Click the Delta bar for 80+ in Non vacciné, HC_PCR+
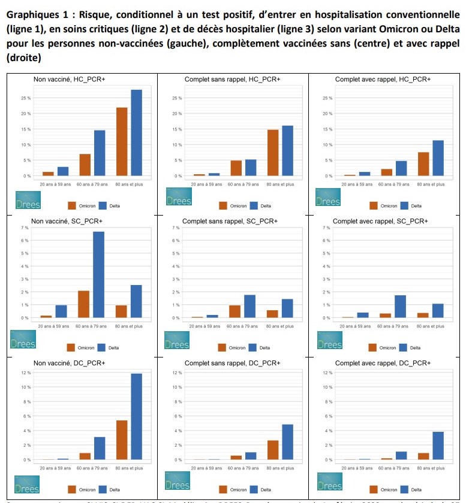(x=137, y=133)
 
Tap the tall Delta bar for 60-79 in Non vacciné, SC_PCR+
(x=99, y=274)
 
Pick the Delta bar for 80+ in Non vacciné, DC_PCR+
(x=137, y=417)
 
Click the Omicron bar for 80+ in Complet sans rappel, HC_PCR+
(x=273, y=153)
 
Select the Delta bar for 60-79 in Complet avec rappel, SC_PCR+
(x=401, y=306)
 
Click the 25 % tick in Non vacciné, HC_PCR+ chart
(x=26, y=98)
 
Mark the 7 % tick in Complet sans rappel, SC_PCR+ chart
(x=177, y=228)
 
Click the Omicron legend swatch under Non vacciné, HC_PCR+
(x=72, y=205)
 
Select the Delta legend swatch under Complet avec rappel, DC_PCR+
(x=404, y=489)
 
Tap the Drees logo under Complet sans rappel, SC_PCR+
(x=176, y=340)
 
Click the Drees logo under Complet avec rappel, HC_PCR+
(x=328, y=197)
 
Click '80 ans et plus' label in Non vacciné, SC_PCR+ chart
(x=130, y=326)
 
